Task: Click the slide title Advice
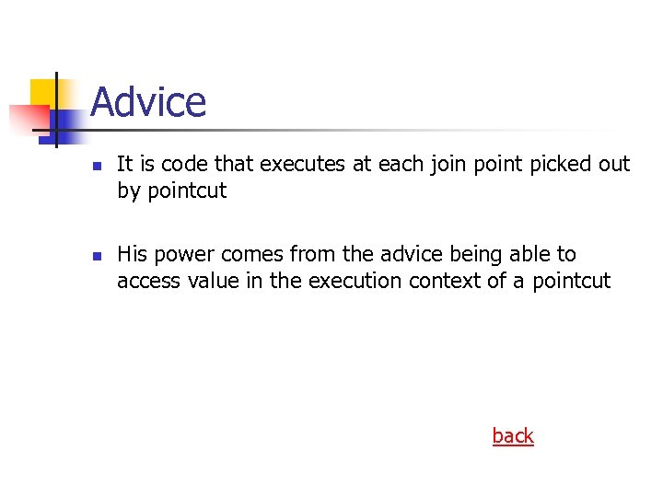pyautogui.click(x=148, y=102)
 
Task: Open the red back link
pyautogui.click(x=513, y=436)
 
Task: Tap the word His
pyautogui.click(x=132, y=254)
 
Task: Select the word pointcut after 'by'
pyautogui.click(x=187, y=192)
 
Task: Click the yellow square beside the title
pyautogui.click(x=44, y=95)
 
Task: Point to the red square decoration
pyautogui.click(x=29, y=119)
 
